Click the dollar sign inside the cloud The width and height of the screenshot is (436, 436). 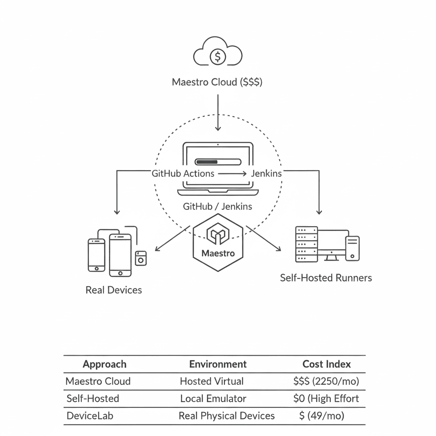[x=218, y=56]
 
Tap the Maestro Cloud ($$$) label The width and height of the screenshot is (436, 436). [x=217, y=82]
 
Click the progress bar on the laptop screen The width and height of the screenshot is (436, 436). [x=218, y=162]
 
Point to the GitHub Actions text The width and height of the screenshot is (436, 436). [x=183, y=173]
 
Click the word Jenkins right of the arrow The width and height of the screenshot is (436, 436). [x=266, y=173]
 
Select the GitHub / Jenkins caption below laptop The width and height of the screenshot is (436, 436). [x=217, y=207]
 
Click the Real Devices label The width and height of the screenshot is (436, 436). [x=114, y=290]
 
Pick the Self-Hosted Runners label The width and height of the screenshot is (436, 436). [x=326, y=278]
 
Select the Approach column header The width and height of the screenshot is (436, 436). [x=104, y=364]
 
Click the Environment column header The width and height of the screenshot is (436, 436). [x=218, y=364]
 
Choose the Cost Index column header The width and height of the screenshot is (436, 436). [x=327, y=364]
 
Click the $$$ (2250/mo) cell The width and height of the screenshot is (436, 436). [x=326, y=381]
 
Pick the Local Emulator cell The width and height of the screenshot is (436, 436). [x=213, y=399]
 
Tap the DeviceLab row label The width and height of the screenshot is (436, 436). [x=90, y=416]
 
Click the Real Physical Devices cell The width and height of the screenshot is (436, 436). [x=227, y=416]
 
